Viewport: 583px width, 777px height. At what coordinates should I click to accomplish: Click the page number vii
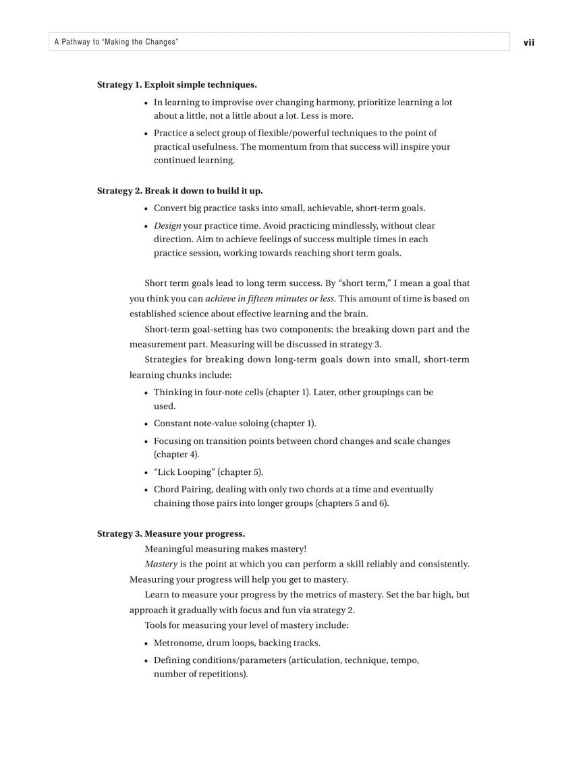pos(528,42)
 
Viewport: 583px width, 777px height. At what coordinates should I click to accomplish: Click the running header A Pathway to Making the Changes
pos(116,42)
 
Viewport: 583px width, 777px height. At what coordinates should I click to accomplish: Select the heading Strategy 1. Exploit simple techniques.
pos(177,85)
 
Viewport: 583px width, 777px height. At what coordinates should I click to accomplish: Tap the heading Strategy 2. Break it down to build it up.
pos(180,191)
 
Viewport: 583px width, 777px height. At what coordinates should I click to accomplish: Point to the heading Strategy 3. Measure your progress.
pos(171,534)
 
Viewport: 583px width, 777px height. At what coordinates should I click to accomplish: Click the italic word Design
pos(167,226)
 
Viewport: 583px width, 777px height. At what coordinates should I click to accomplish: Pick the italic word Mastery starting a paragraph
pos(161,564)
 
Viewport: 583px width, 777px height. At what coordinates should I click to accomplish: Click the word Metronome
pos(177,643)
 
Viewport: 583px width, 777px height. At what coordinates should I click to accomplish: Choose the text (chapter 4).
pos(176,455)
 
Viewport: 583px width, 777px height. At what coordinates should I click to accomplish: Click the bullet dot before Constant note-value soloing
pos(146,424)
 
